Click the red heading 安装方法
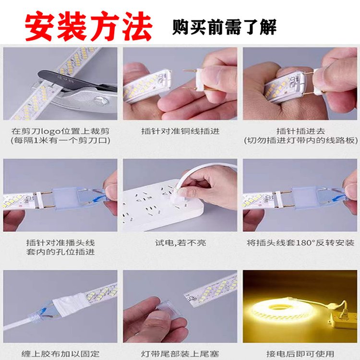(x=88, y=26)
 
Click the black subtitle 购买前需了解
(x=224, y=27)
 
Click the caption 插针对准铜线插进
(x=180, y=132)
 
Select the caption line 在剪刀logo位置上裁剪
(x=60, y=132)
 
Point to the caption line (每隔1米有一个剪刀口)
(x=60, y=140)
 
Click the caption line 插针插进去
(x=300, y=132)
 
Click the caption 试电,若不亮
(x=180, y=243)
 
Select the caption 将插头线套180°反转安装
(x=300, y=243)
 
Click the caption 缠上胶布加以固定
(x=60, y=354)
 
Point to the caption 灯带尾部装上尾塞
(x=180, y=354)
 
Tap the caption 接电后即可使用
(x=300, y=354)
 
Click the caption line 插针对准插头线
(x=60, y=243)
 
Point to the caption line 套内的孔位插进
(x=60, y=252)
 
